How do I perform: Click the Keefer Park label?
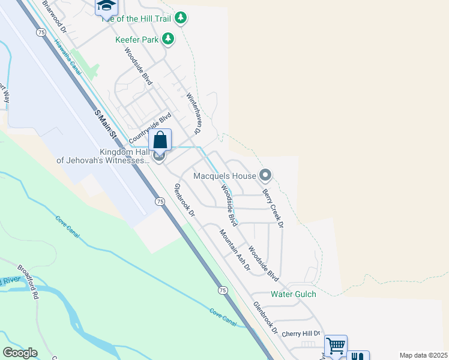(136, 40)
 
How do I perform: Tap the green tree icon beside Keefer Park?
(169, 39)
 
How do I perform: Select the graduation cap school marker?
(106, 5)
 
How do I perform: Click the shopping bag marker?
(160, 140)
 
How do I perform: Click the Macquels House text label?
(224, 176)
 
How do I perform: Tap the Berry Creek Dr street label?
(273, 208)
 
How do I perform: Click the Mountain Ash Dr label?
(234, 250)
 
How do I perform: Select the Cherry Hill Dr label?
(302, 334)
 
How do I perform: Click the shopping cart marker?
(336, 346)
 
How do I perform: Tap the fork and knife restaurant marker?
(358, 356)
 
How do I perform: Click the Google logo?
(20, 353)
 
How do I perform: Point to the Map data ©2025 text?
(423, 355)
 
